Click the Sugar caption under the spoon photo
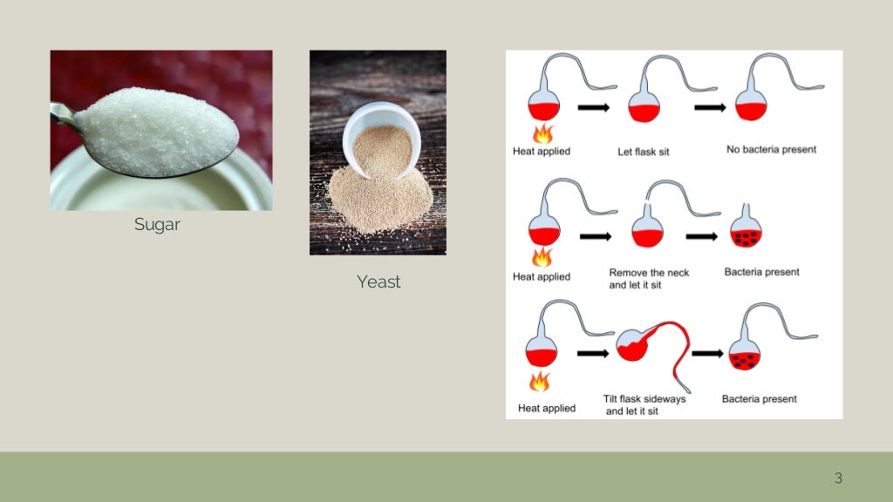[x=157, y=225]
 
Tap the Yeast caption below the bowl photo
[x=378, y=282]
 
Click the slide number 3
[x=838, y=478]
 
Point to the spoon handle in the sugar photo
[x=63, y=114]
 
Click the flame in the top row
[x=542, y=133]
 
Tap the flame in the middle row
[x=542, y=256]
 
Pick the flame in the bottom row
[x=541, y=382]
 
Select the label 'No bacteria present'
[x=772, y=150]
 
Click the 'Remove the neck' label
[x=649, y=273]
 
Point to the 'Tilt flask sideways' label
[x=644, y=399]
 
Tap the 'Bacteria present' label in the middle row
[x=761, y=272]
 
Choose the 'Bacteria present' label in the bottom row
[x=759, y=399]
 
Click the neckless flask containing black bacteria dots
[x=746, y=230]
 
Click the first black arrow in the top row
[x=594, y=108]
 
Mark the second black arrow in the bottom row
[x=707, y=353]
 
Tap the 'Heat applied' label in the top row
[x=542, y=152]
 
